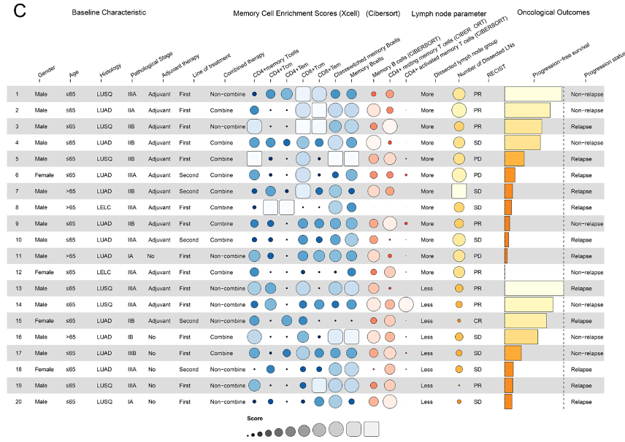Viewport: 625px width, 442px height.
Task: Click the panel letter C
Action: (20, 11)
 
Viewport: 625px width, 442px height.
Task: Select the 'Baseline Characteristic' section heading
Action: (109, 12)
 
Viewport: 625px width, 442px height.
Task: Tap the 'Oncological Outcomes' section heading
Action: (553, 12)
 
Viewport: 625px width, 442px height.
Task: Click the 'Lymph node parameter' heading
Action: (449, 14)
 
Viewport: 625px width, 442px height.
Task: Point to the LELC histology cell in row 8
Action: (104, 207)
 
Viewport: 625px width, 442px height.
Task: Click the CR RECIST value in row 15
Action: (478, 321)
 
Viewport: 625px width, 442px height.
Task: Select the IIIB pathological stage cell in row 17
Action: (132, 353)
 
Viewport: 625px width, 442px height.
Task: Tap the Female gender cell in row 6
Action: (44, 175)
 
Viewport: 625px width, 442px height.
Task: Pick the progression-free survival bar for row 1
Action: (533, 94)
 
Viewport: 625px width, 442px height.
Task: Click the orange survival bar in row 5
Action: (514, 159)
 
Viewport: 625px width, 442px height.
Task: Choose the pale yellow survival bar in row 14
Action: (529, 305)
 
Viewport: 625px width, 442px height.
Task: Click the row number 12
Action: (18, 272)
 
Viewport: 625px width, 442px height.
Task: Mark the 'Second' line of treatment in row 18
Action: (188, 370)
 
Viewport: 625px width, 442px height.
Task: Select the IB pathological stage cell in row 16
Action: (131, 337)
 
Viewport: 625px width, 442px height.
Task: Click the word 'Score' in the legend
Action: (255, 419)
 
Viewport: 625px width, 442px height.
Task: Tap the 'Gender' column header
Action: (46, 71)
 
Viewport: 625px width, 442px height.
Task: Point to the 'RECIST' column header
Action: (496, 71)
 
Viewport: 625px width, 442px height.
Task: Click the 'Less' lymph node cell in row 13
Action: (426, 288)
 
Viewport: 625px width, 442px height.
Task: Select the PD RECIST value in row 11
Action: (478, 256)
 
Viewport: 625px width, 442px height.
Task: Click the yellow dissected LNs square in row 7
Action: (459, 191)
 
